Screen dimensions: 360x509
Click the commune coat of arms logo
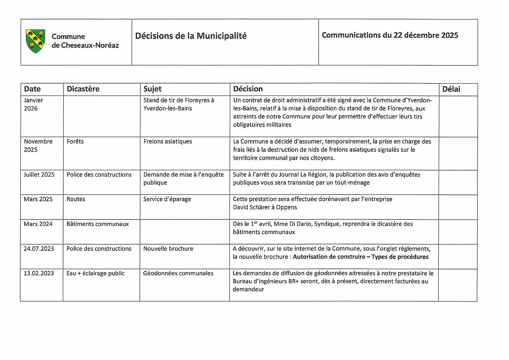pyautogui.click(x=35, y=41)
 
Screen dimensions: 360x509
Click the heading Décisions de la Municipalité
pyautogui.click(x=191, y=36)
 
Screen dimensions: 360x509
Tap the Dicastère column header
pyautogui.click(x=83, y=89)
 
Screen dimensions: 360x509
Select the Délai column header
pyautogui.click(x=451, y=89)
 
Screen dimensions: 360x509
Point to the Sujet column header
pyautogui.click(x=152, y=89)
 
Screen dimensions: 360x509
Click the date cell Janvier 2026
pyautogui.click(x=34, y=104)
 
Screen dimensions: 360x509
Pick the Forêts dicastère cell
pyautogui.click(x=75, y=141)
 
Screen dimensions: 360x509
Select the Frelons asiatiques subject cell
pyautogui.click(x=168, y=141)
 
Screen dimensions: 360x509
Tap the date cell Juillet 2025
pyautogui.click(x=39, y=174)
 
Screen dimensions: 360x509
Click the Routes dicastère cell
pyautogui.click(x=76, y=199)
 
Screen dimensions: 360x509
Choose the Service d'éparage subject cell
pyautogui.click(x=167, y=199)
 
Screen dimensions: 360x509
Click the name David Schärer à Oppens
pyautogui.click(x=265, y=207)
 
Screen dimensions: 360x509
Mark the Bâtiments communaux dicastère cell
pyautogui.click(x=98, y=224)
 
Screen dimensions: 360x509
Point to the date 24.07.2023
pyautogui.click(x=39, y=249)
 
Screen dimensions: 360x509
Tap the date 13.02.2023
pyautogui.click(x=39, y=273)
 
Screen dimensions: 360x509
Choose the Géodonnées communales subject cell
pyautogui.click(x=178, y=273)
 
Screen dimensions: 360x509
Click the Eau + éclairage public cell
pyautogui.click(x=95, y=273)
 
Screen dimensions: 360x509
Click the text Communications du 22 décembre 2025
pyautogui.click(x=390, y=35)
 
